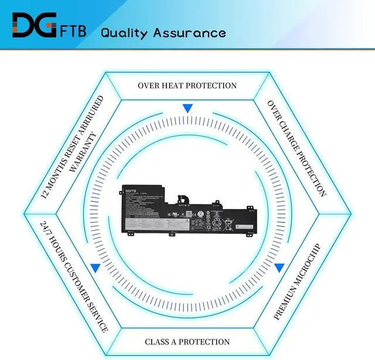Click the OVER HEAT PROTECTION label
(x=187, y=85)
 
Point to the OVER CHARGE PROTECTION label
(x=296, y=148)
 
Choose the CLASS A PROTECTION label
(x=187, y=341)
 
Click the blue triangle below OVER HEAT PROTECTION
(x=187, y=108)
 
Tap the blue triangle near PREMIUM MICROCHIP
(x=279, y=268)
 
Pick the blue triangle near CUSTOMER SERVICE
(x=95, y=268)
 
